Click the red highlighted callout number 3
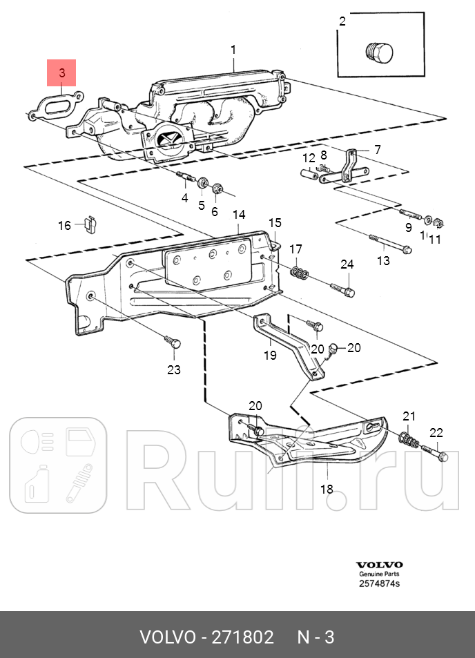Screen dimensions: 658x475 [x=61, y=72]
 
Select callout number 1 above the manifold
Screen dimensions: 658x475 [x=233, y=49]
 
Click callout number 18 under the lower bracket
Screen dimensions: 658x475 [x=327, y=489]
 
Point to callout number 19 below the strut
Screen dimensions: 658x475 [x=270, y=355]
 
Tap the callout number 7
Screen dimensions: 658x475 [x=377, y=149]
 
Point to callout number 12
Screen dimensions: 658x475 [x=308, y=158]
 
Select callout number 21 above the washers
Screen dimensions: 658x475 [x=409, y=416]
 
